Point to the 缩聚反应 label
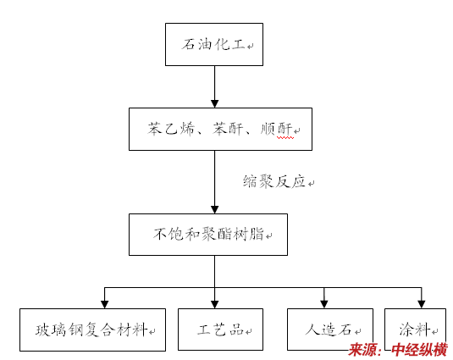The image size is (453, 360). coord(274,181)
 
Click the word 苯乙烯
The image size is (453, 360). coord(171,129)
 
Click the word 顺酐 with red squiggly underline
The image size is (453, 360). coord(277,129)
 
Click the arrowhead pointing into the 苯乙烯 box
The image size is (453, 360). coord(215,103)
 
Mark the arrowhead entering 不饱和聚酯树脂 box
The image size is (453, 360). coord(215,209)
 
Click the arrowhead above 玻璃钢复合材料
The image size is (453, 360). coord(105,305)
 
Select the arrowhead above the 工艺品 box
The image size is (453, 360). coord(215,305)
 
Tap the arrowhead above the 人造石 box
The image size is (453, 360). coord(324,304)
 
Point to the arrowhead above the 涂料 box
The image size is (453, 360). coord(422,304)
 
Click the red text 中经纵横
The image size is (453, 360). coord(419,350)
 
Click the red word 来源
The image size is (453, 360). coord(362,350)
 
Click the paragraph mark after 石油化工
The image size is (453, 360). coord(250,46)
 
